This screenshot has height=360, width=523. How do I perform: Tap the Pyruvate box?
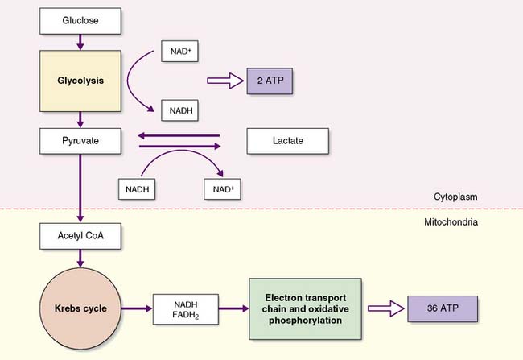pyautogui.click(x=80, y=141)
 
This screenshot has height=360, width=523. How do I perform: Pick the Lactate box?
pyautogui.click(x=287, y=141)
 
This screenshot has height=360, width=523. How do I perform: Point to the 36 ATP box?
pyautogui.click(x=446, y=308)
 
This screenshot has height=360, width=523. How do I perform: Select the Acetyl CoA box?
pyautogui.click(x=80, y=236)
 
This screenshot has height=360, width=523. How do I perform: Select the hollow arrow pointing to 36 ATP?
pyautogui.click(x=386, y=308)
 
